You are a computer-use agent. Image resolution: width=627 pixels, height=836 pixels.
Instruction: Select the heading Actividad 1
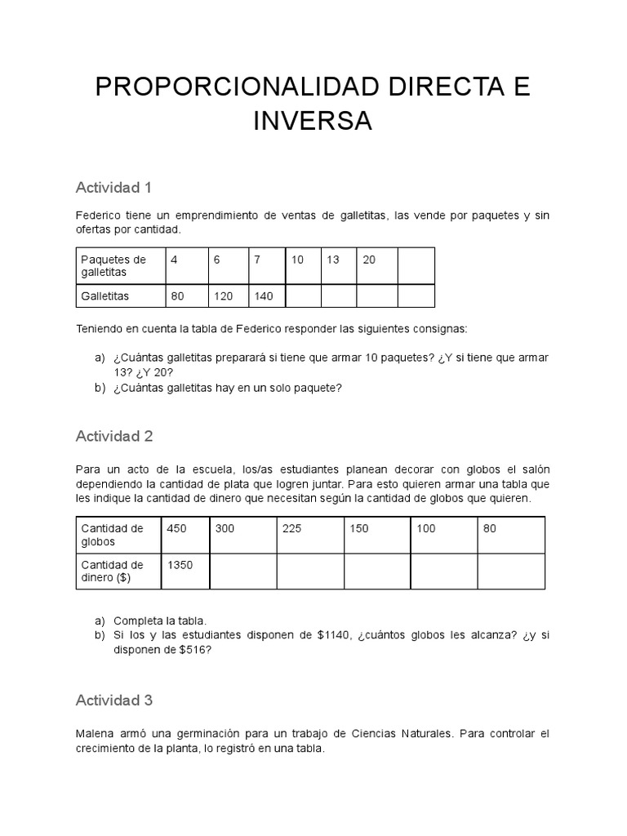tap(113, 188)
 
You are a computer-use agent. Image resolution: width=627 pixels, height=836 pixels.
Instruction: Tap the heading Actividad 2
tap(114, 436)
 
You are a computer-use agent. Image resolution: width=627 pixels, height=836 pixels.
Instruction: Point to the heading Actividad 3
tap(114, 700)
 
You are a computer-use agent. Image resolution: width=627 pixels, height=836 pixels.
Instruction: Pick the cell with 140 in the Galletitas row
tap(265, 296)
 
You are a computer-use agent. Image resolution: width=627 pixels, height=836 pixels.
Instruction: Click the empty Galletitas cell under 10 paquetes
tap(302, 296)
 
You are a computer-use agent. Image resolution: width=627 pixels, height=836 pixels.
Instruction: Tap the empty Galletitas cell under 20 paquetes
tap(376, 296)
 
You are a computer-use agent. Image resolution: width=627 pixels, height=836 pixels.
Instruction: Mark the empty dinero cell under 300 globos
tap(242, 571)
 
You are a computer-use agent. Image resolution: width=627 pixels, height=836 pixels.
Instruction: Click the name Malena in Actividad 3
tap(96, 734)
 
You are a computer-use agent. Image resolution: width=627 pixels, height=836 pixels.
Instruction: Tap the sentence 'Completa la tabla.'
tap(160, 620)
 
